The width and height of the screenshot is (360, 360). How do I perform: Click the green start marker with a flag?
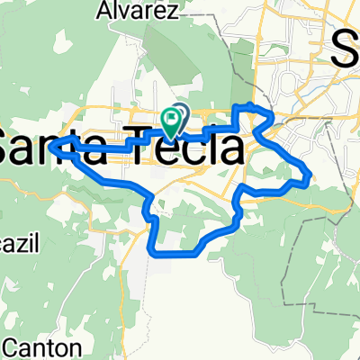coord(171,121)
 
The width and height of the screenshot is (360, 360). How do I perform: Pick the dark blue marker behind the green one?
coord(180,113)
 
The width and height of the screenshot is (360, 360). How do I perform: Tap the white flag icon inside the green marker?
coord(171,118)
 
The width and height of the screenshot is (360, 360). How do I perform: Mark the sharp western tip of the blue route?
coord(51,144)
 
